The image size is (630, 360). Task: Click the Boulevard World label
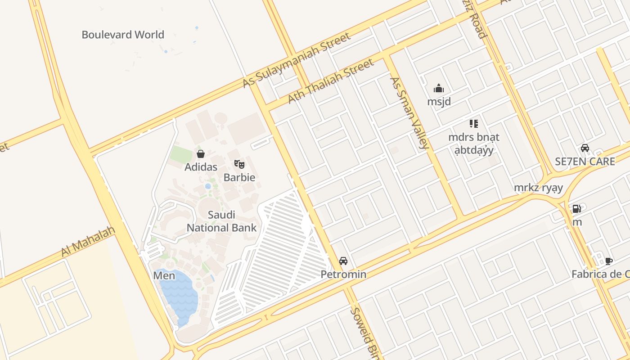123,35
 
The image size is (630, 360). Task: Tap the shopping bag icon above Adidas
201,154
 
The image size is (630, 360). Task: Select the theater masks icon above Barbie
239,164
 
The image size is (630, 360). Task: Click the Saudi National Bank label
221,221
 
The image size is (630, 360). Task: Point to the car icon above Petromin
343,261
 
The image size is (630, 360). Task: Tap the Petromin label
343,274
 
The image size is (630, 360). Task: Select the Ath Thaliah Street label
331,81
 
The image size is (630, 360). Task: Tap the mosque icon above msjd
439,88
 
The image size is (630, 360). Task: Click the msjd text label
439,102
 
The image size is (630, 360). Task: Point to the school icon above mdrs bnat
473,123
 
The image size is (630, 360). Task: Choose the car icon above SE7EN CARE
585,148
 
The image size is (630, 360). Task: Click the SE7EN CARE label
585,161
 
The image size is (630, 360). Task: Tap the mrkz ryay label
538,188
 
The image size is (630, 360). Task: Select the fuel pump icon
576,209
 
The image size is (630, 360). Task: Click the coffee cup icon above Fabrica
608,261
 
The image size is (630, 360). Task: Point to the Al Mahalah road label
88,242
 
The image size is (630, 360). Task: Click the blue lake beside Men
179,295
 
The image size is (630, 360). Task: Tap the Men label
164,275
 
